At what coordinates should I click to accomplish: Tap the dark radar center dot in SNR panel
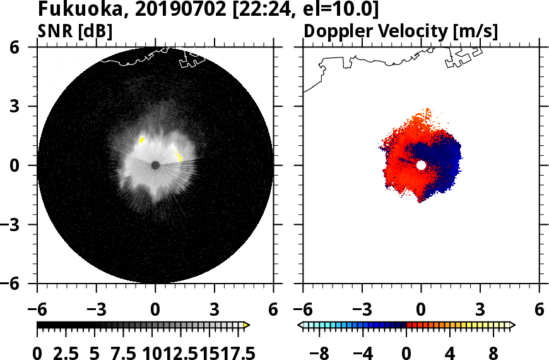[155, 165]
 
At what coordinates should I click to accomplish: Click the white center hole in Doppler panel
[421, 165]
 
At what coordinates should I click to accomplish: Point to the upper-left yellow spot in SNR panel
[142, 139]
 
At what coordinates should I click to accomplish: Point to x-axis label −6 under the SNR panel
[37, 310]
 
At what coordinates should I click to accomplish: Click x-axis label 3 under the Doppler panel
[480, 310]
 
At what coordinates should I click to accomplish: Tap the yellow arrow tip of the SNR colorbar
[247, 325]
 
